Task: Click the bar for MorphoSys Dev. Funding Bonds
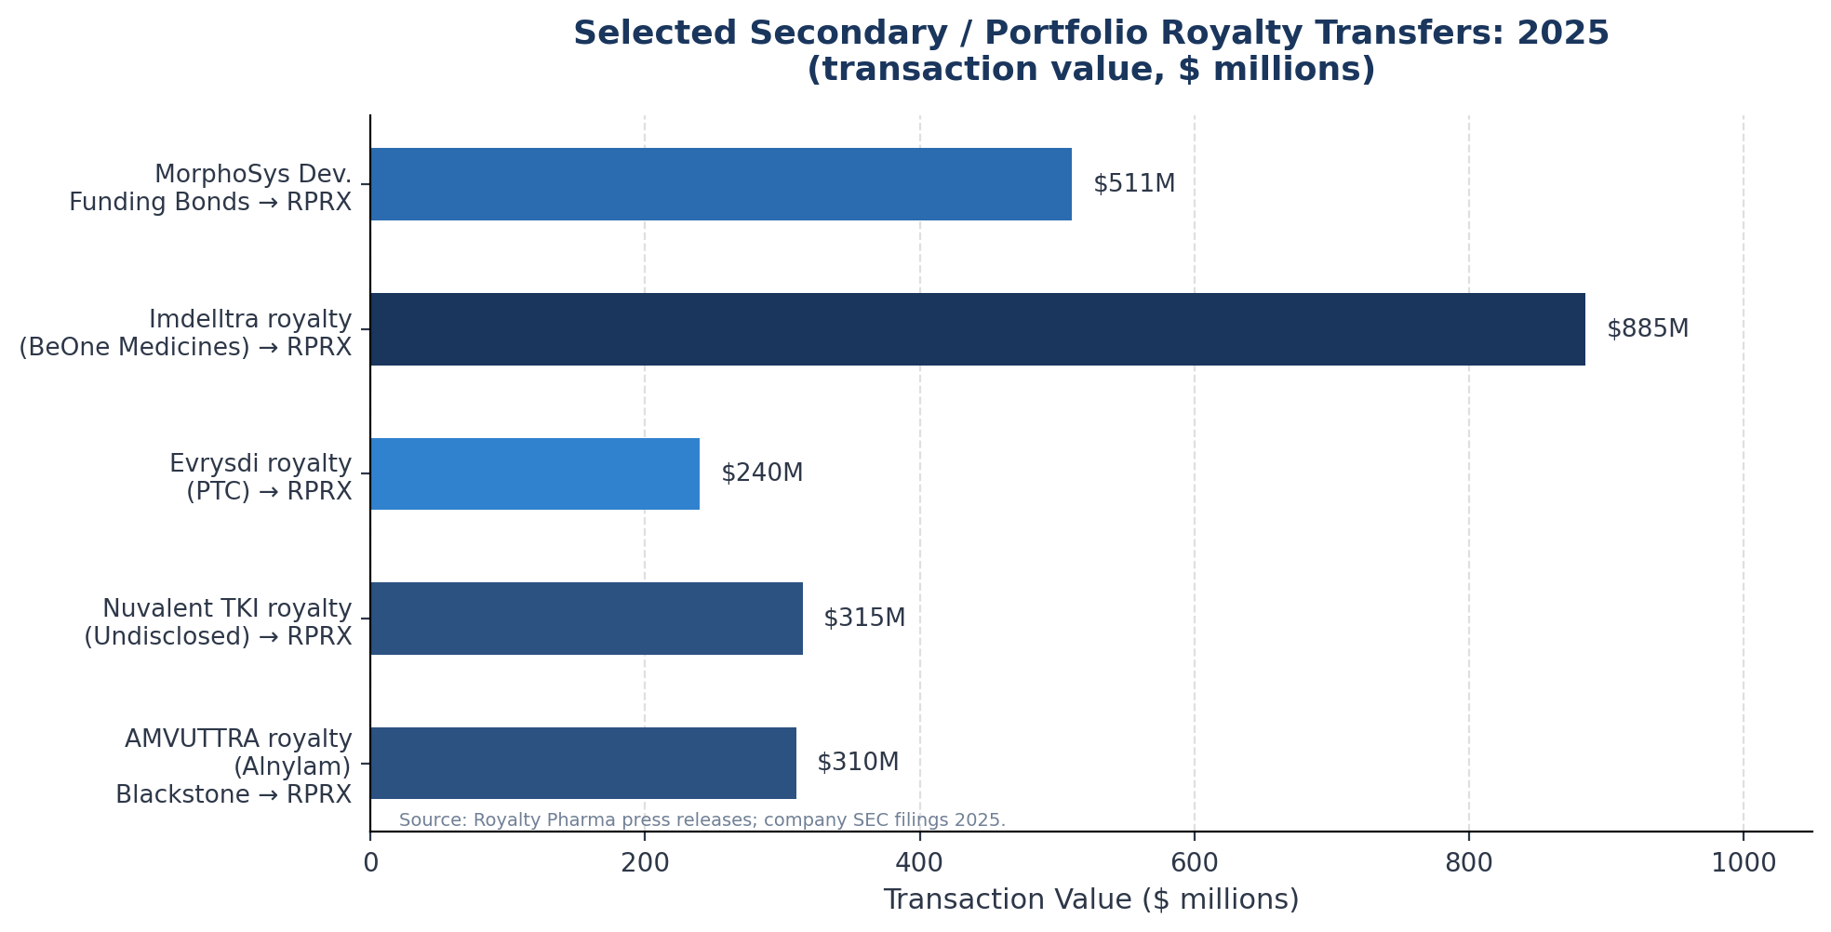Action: (721, 184)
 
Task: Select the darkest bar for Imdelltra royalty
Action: (977, 329)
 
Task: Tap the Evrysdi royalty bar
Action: (535, 473)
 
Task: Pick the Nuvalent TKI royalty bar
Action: (586, 619)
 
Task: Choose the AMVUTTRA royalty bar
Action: (583, 763)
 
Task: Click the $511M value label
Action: (1134, 184)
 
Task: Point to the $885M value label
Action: (1648, 329)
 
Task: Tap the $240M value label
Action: (762, 473)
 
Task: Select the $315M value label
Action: (864, 619)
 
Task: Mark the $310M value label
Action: (858, 763)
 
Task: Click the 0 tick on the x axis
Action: (370, 863)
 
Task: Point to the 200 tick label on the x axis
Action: (645, 863)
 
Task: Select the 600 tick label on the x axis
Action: (1195, 863)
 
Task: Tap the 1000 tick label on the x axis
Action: (1744, 863)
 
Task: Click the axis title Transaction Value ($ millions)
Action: (1090, 900)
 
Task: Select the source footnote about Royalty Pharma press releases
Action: (702, 820)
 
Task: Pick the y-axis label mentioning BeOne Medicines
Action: (185, 348)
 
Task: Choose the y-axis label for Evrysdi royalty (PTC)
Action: (261, 478)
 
